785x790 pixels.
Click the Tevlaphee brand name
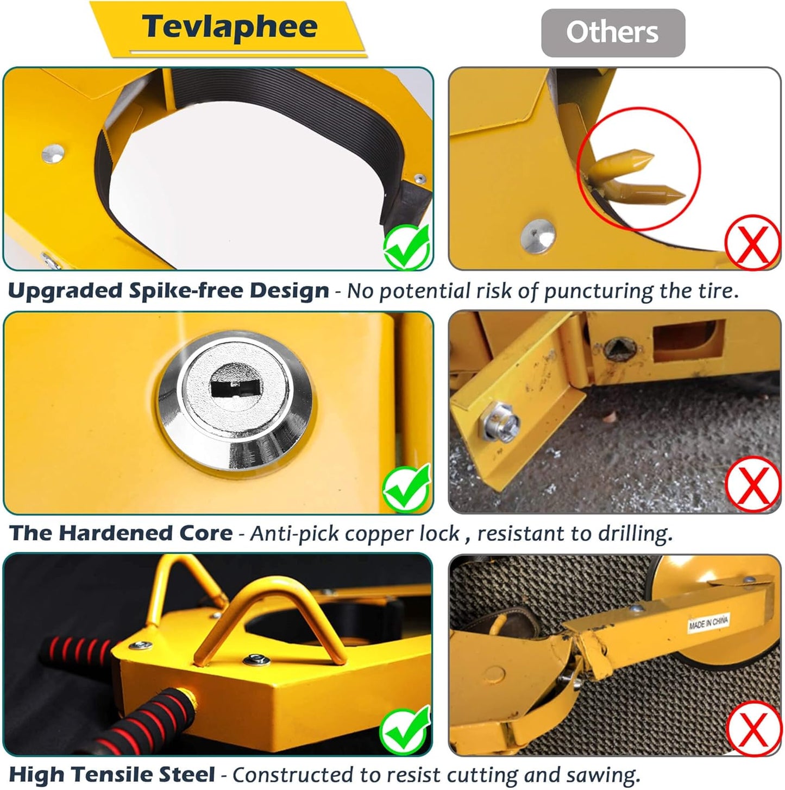[229, 27]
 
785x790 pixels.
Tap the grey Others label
[612, 33]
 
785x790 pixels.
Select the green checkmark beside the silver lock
[407, 489]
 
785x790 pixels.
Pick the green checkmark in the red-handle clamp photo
[405, 731]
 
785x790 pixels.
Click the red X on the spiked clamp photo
[752, 243]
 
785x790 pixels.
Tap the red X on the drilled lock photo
[752, 483]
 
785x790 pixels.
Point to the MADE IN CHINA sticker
[708, 622]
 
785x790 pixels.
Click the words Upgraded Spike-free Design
[168, 291]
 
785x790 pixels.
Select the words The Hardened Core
[121, 533]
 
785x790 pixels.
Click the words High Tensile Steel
[112, 775]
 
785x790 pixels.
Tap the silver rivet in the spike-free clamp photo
[53, 153]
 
